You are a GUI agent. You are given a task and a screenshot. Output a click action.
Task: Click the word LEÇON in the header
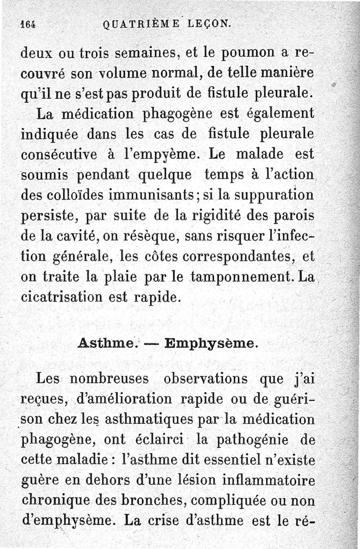pyautogui.click(x=208, y=24)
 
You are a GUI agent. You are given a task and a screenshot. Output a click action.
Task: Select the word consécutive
pyautogui.click(x=63, y=154)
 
